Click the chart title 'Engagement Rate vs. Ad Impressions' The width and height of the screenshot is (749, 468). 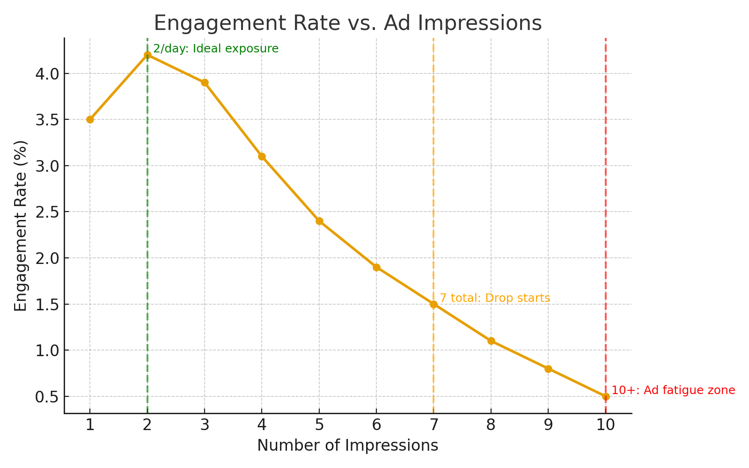(347, 23)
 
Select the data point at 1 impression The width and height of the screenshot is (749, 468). (90, 119)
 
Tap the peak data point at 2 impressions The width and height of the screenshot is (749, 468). (147, 55)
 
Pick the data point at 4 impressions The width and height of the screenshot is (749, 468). (262, 156)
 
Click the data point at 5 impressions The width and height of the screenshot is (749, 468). (319, 221)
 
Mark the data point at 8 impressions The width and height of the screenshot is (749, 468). (491, 341)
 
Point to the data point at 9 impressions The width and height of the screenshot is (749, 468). (548, 369)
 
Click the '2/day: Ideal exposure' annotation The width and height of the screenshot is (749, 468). (216, 49)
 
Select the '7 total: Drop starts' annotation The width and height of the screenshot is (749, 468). (495, 298)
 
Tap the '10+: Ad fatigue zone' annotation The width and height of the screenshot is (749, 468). (673, 390)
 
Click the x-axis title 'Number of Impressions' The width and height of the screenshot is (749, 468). (347, 446)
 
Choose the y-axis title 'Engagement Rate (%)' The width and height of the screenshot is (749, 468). (21, 226)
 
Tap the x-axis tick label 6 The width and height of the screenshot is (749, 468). (376, 425)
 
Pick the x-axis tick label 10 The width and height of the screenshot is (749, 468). (606, 425)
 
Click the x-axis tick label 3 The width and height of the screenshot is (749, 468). (205, 425)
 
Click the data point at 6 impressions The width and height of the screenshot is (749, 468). (376, 267)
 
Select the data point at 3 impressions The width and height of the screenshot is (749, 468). (205, 82)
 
